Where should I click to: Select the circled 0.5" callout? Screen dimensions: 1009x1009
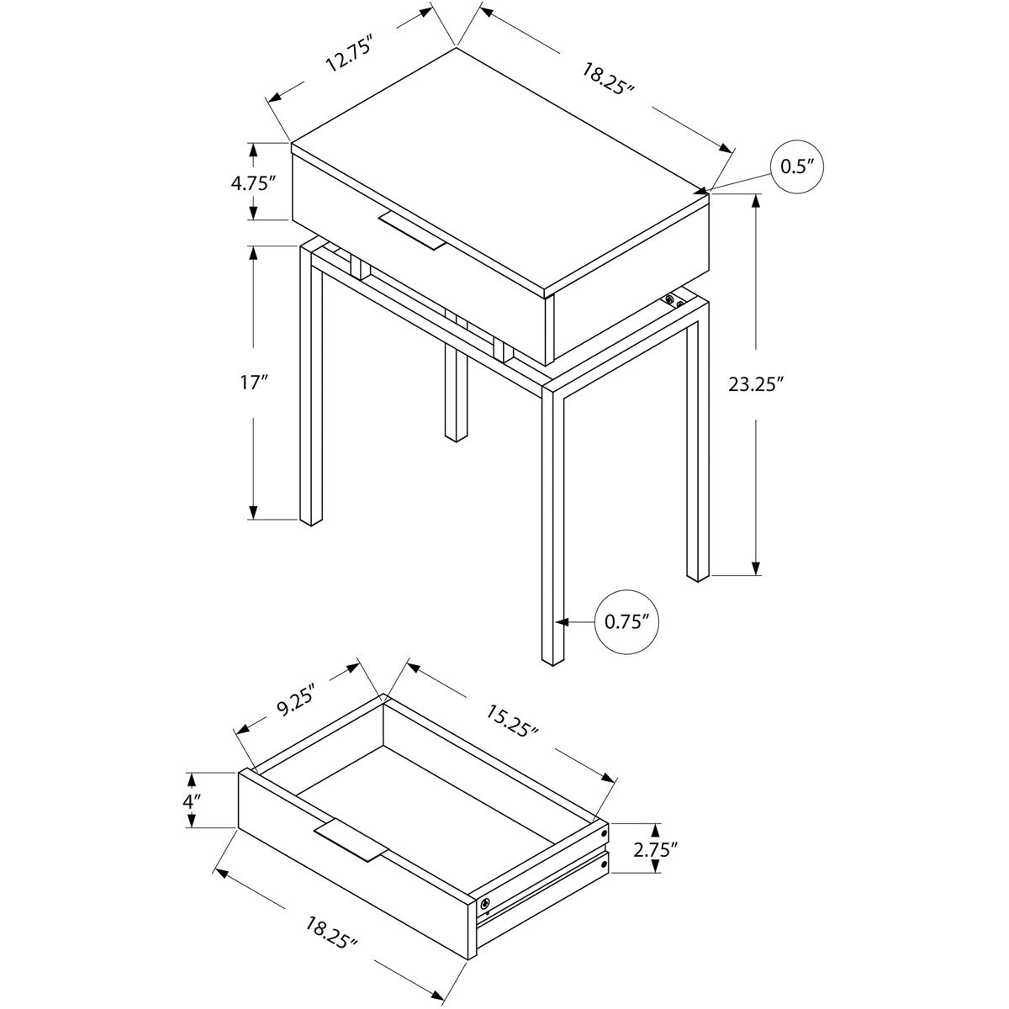point(795,167)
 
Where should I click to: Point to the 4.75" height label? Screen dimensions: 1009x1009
point(254,182)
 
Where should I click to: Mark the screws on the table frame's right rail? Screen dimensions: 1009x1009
point(673,301)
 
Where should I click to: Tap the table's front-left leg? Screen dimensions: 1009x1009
point(310,387)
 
